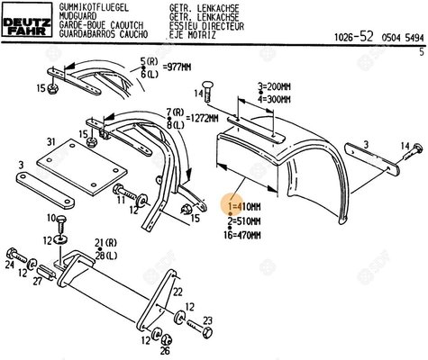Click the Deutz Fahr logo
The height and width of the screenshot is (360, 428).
(x=25, y=18)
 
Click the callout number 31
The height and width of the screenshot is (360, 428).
(x=51, y=141)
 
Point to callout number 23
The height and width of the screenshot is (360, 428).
(x=207, y=321)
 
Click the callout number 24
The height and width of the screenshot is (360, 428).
(x=9, y=265)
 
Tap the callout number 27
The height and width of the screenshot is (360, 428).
(x=37, y=281)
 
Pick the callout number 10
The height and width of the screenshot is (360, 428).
(x=60, y=219)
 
